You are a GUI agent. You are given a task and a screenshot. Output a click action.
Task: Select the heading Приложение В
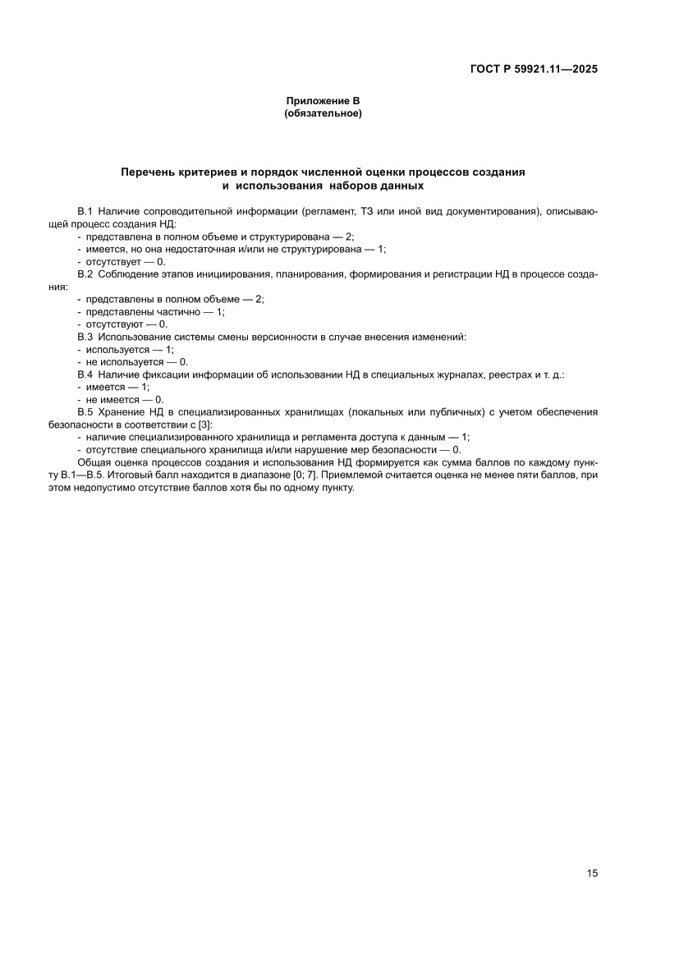click(x=323, y=101)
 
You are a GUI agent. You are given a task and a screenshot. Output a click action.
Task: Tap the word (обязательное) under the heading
click(x=323, y=113)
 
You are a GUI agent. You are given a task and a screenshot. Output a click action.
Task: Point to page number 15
click(x=592, y=873)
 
